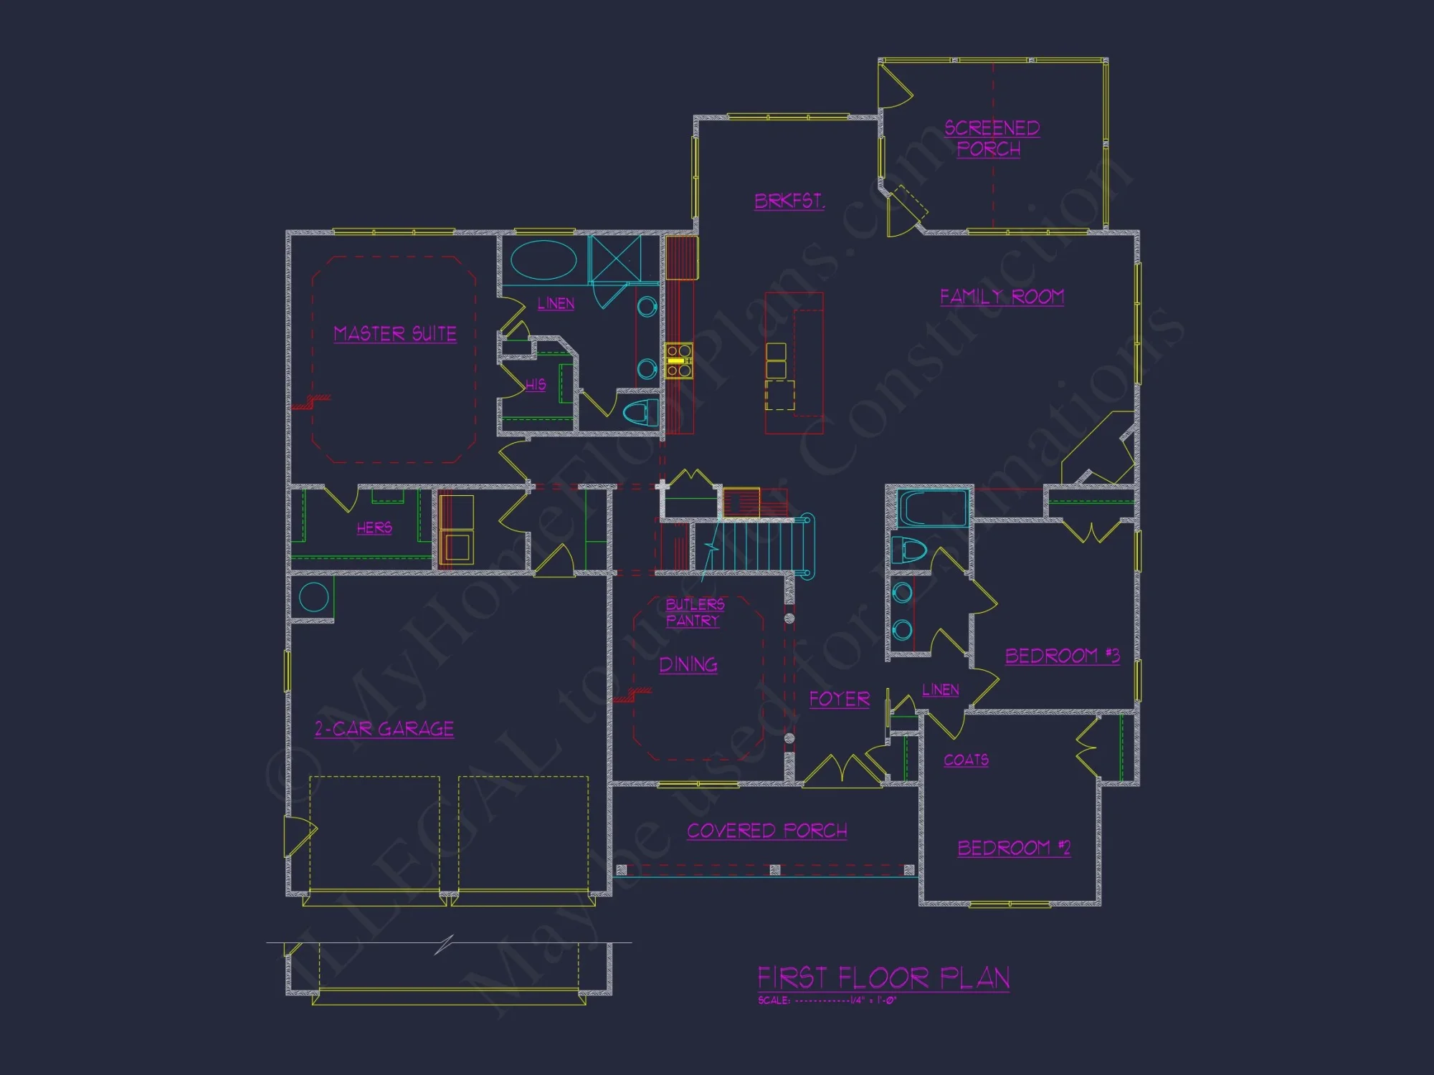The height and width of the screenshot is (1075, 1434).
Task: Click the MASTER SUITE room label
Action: pyautogui.click(x=395, y=334)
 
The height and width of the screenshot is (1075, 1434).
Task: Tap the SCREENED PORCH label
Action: pyautogui.click(x=991, y=138)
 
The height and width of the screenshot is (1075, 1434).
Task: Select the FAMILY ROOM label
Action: pyautogui.click(x=1002, y=297)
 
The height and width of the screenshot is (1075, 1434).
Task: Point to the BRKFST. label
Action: pyautogui.click(x=789, y=201)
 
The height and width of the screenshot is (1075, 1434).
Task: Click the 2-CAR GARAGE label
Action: pyautogui.click(x=384, y=730)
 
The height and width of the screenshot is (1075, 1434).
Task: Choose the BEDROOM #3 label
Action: pyautogui.click(x=1062, y=656)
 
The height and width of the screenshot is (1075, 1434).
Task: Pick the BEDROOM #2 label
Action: pyautogui.click(x=1014, y=848)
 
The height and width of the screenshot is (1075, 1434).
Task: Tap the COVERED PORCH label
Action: pyautogui.click(x=767, y=831)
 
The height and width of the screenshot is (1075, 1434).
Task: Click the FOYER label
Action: pyautogui.click(x=840, y=699)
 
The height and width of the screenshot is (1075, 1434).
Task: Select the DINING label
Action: pyautogui.click(x=688, y=665)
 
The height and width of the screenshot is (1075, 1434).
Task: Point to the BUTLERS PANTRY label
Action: pyautogui.click(x=694, y=613)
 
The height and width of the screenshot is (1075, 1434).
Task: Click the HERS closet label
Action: pyautogui.click(x=374, y=528)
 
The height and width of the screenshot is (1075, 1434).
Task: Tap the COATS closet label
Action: pyautogui.click(x=966, y=760)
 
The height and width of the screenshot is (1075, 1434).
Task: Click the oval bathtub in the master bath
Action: pyautogui.click(x=543, y=260)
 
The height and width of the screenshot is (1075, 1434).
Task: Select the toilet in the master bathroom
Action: pyautogui.click(x=640, y=412)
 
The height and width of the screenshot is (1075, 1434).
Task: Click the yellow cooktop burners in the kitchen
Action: pyautogui.click(x=678, y=360)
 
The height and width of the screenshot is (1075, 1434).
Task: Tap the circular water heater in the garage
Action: pyautogui.click(x=313, y=596)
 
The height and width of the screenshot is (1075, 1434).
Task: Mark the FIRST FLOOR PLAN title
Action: pyautogui.click(x=883, y=978)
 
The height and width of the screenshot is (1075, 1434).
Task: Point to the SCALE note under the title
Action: pyautogui.click(x=827, y=1000)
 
